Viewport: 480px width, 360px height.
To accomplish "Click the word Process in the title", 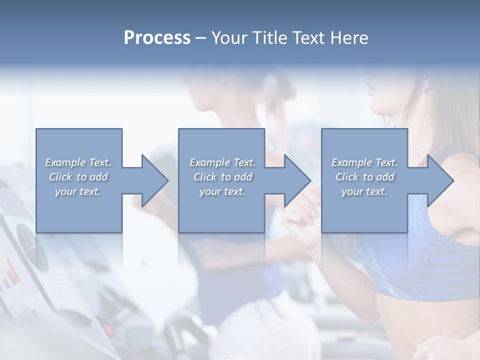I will (157, 38).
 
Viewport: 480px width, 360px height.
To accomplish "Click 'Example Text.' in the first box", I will (78, 162).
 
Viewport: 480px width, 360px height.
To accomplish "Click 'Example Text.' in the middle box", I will (222, 162).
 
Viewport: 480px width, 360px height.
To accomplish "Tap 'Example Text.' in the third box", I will (364, 162).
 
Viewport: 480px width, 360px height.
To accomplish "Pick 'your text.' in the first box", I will (78, 191).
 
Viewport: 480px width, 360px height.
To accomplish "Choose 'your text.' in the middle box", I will (222, 191).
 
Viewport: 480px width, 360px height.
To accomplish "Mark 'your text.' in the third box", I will (364, 191).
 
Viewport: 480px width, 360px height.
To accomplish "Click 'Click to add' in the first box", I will (78, 177).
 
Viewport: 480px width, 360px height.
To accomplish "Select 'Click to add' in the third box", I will (364, 177).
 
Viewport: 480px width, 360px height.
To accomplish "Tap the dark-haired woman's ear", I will (425, 89).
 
